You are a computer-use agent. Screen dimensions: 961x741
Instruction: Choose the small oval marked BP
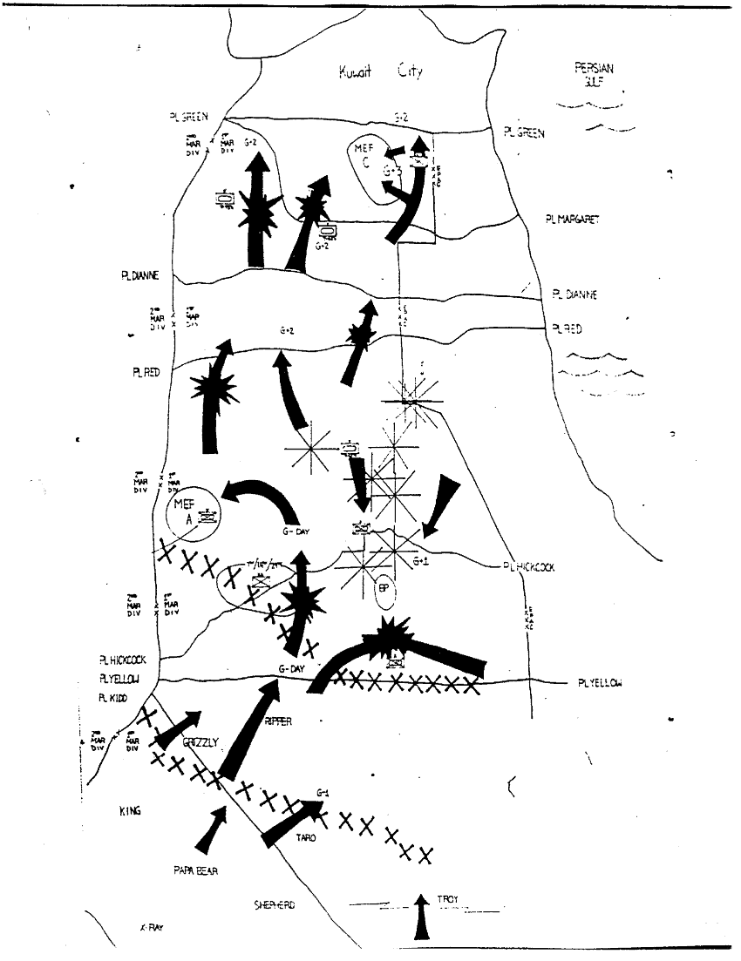point(384,588)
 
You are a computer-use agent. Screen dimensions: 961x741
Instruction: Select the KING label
point(130,811)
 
